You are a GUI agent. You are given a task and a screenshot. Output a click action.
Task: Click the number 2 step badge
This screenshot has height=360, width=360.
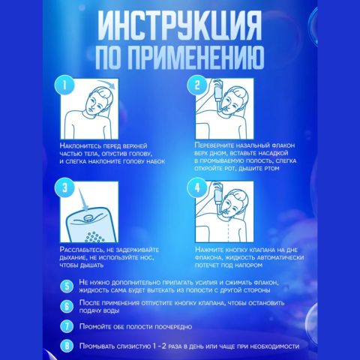pos(198,85)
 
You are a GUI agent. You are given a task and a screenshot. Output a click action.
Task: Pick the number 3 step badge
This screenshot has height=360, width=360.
pos(67,187)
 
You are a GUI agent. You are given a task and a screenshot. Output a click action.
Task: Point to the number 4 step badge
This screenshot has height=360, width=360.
pos(198,187)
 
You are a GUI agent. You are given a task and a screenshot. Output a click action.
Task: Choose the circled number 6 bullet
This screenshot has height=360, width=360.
pos(67,307)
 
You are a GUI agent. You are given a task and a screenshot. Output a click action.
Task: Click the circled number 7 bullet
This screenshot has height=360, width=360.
pos(67,327)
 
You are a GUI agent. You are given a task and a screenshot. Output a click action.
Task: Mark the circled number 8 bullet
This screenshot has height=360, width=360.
pos(67,346)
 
